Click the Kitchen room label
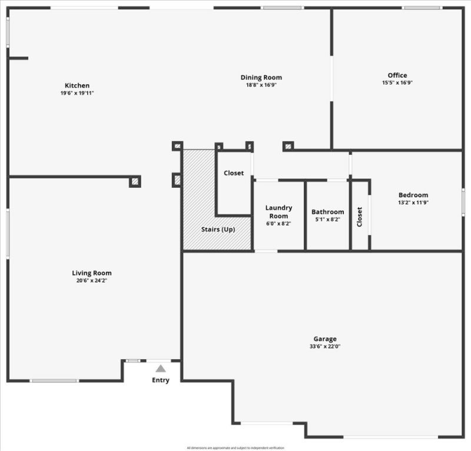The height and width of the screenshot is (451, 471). [x=77, y=85]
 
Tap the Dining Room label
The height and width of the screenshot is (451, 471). [x=261, y=77]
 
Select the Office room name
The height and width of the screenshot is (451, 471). [x=397, y=75]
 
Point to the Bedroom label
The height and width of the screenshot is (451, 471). [x=413, y=195]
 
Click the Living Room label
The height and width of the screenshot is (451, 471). [x=91, y=273]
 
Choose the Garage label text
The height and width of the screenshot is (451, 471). [x=325, y=339]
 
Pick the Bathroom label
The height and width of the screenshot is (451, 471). [x=328, y=212]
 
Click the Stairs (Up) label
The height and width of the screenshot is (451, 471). [x=218, y=229]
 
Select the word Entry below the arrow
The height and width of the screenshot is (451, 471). [x=161, y=380]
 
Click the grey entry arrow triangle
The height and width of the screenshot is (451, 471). [x=161, y=368]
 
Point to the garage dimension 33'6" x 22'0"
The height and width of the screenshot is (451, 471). [x=325, y=346]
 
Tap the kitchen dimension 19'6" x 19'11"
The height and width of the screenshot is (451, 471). [x=77, y=93]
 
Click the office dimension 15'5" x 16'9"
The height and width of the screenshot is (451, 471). [x=397, y=82]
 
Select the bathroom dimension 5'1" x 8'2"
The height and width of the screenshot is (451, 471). [x=328, y=220]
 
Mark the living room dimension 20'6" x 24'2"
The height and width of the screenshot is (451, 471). [x=91, y=280]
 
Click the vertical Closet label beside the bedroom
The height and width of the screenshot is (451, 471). [x=360, y=217]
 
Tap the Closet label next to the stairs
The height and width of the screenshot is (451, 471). [x=234, y=173]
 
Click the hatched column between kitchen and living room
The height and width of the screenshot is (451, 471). [x=135, y=181]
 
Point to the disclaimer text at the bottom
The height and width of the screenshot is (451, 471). [x=235, y=448]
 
